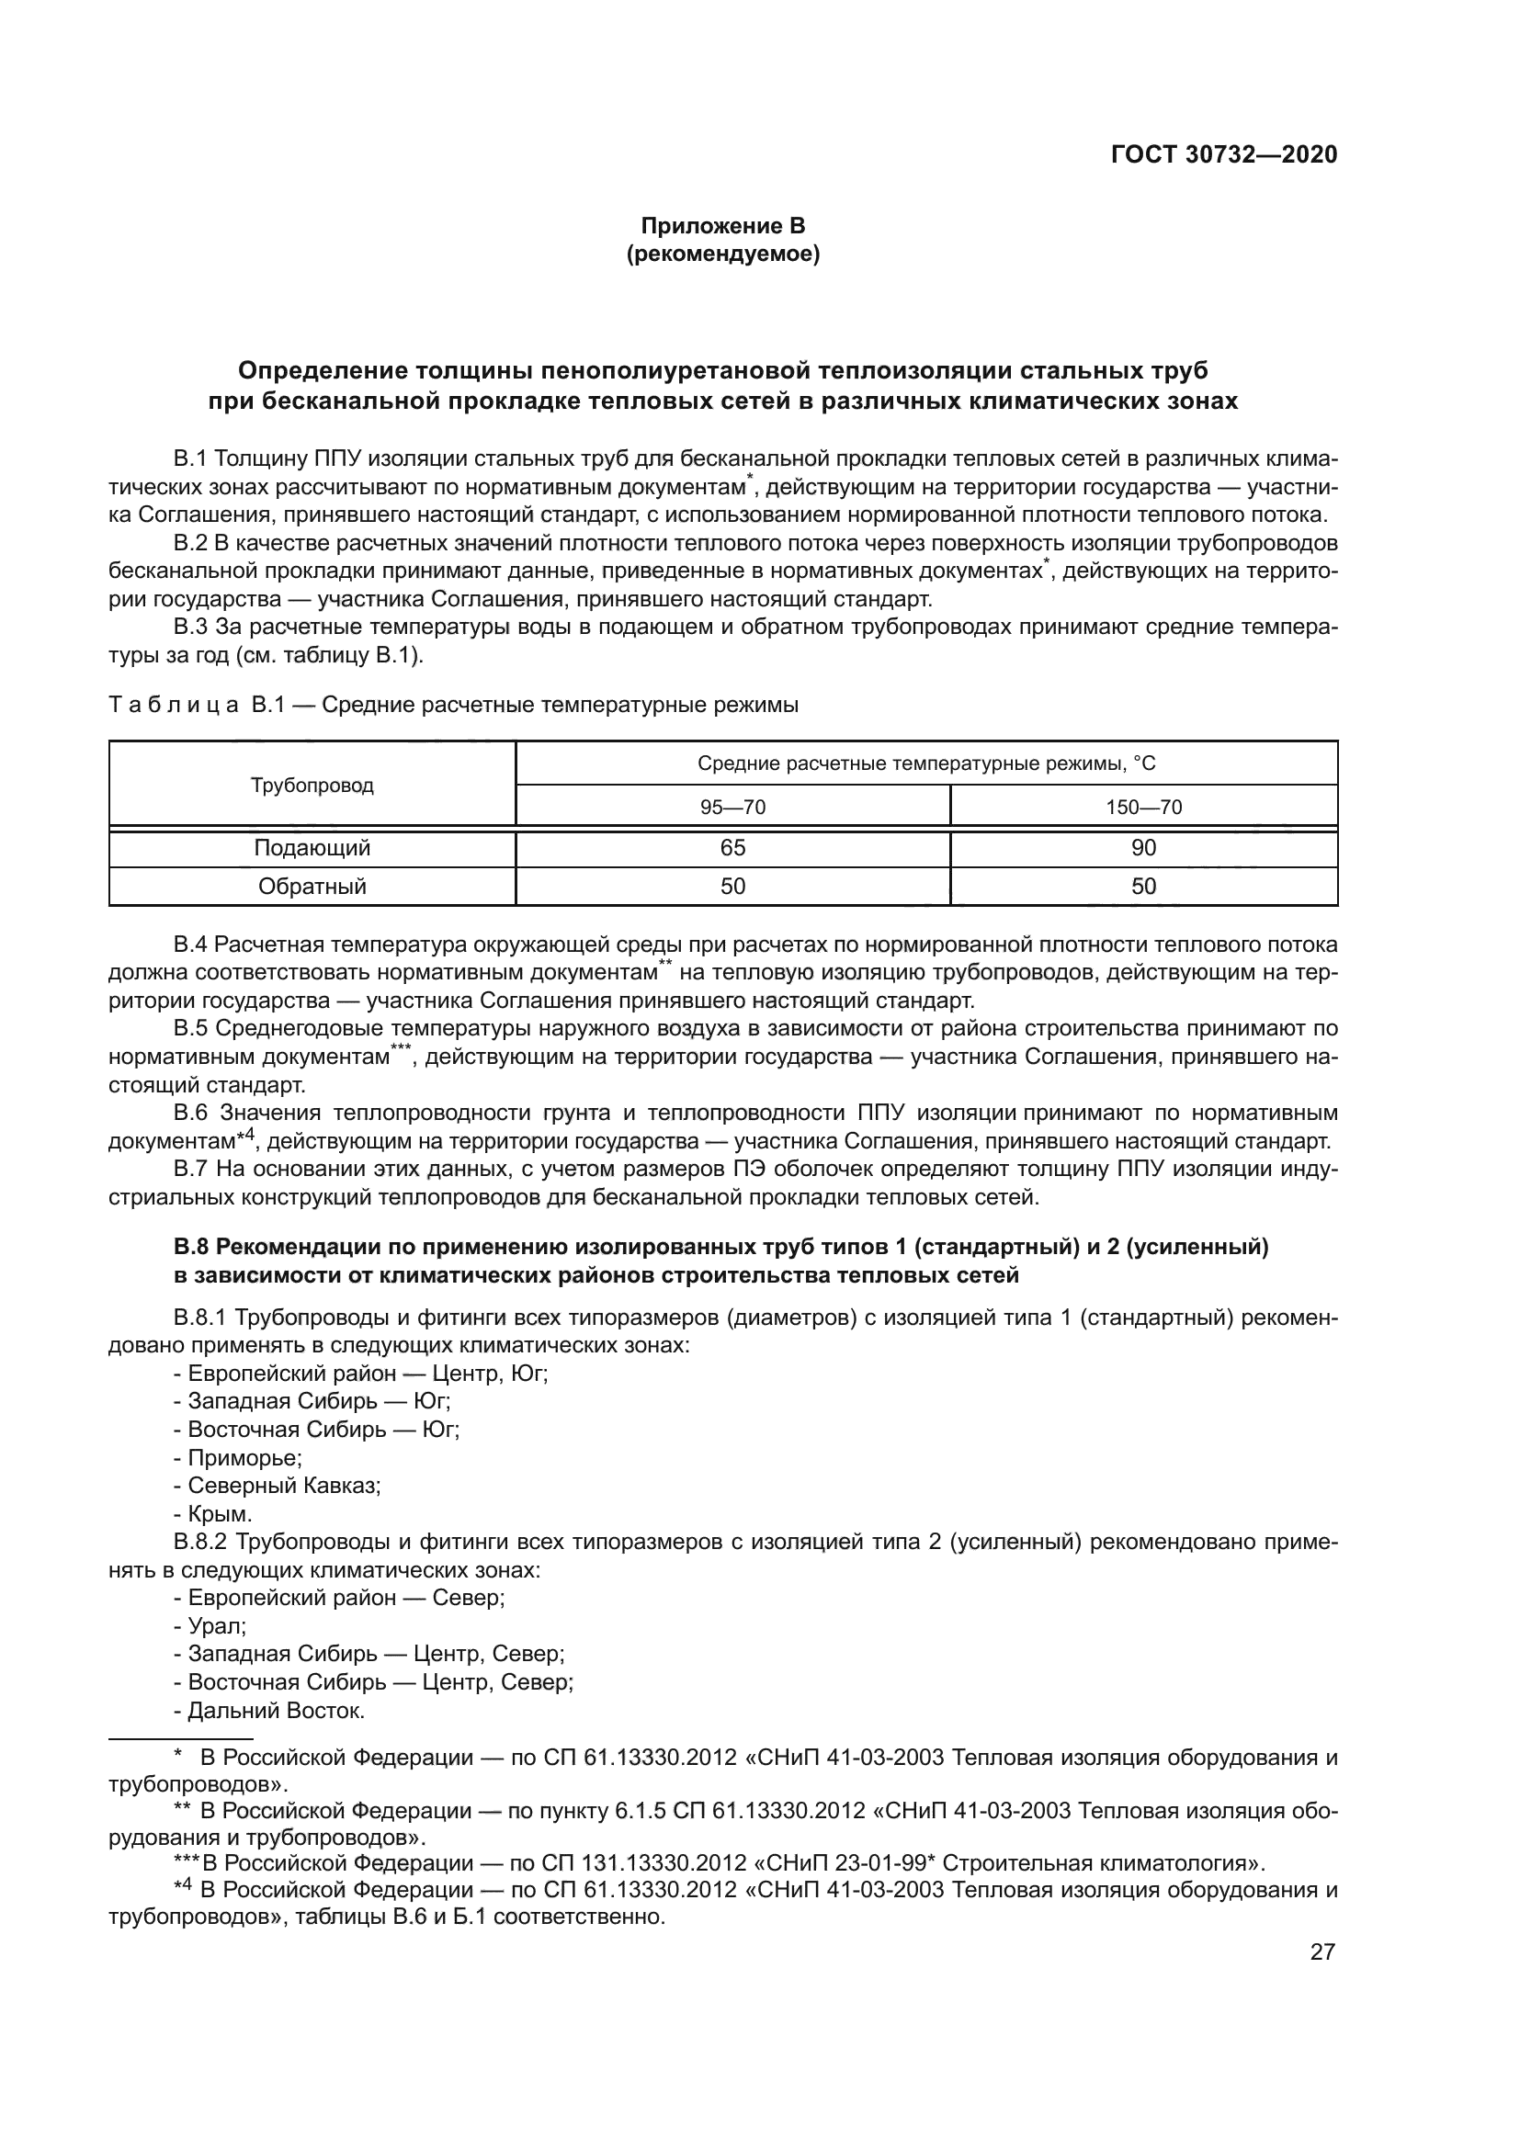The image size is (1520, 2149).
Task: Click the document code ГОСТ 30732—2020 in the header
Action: click(x=1224, y=154)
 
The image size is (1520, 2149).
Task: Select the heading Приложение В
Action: click(x=722, y=226)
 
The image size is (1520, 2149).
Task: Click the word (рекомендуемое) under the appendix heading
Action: click(x=722, y=254)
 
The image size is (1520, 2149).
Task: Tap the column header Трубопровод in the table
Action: click(x=312, y=786)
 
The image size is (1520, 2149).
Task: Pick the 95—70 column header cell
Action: click(x=732, y=807)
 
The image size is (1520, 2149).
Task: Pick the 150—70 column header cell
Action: click(x=1144, y=807)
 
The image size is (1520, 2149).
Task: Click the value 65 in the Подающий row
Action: click(x=732, y=848)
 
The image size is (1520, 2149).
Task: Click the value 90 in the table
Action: click(x=1144, y=848)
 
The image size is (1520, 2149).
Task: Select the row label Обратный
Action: click(x=312, y=887)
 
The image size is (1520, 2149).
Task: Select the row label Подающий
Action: click(x=312, y=848)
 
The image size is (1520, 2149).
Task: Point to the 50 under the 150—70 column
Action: click(x=1144, y=887)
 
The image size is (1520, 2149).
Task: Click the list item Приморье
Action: click(x=244, y=1458)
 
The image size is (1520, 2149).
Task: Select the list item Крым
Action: click(x=219, y=1514)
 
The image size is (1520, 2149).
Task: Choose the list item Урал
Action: click(x=216, y=1626)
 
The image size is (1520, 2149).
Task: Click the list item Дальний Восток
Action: click(x=275, y=1710)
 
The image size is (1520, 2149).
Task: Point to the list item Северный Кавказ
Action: click(x=284, y=1487)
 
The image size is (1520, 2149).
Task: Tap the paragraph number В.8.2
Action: click(x=201, y=1543)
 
